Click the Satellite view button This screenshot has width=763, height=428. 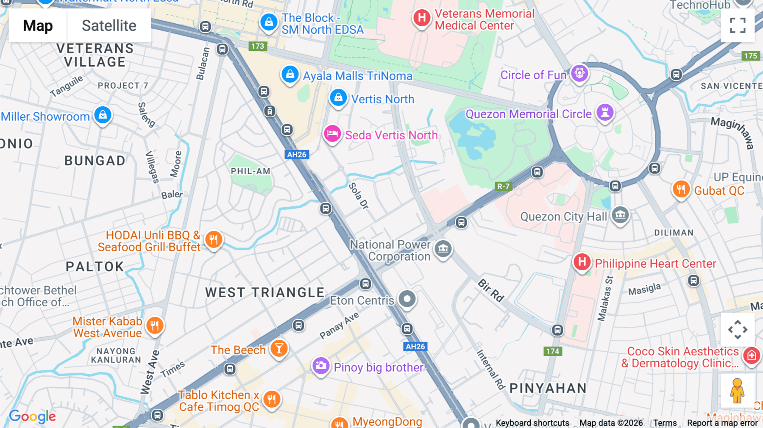tap(109, 26)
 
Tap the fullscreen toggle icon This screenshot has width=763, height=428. tap(738, 25)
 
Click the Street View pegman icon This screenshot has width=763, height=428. tap(737, 391)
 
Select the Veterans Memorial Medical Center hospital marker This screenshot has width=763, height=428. tap(421, 18)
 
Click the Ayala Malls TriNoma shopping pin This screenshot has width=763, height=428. tap(290, 75)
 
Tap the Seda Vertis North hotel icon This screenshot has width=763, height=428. tap(332, 134)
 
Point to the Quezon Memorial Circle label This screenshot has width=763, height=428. tap(528, 114)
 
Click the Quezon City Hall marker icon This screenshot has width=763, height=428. tap(620, 215)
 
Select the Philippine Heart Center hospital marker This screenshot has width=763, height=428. tap(582, 262)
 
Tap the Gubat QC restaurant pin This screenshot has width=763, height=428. tap(681, 189)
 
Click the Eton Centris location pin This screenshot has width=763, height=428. tap(407, 299)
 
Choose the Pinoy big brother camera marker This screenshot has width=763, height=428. tap(321, 366)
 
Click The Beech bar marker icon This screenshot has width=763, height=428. tap(279, 349)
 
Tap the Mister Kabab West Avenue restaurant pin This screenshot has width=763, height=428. tap(155, 326)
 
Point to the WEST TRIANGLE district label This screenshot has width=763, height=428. tap(265, 292)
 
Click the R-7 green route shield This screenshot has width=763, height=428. tap(503, 186)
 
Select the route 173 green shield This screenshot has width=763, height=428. tap(258, 46)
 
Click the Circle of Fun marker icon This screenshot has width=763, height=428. tap(579, 73)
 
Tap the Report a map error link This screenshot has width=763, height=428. tap(722, 423)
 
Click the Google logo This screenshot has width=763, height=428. tap(33, 417)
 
